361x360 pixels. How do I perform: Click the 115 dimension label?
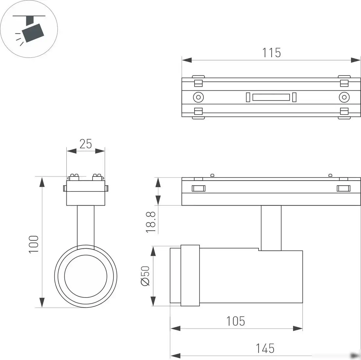[x=271, y=52]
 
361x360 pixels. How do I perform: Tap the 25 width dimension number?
[x=86, y=144]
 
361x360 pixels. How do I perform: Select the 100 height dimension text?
[x=34, y=243]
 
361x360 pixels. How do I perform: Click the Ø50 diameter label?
[x=145, y=276]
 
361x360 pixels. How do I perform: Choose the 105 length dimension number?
[x=235, y=321]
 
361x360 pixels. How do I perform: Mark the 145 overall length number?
[x=265, y=348]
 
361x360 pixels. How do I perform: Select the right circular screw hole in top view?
[x=344, y=97]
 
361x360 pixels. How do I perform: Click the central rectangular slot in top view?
[x=271, y=97]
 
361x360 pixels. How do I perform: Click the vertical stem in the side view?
[x=271, y=228]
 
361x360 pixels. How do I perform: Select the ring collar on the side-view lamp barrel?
[x=190, y=275]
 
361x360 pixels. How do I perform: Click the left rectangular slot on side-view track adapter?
[x=198, y=188]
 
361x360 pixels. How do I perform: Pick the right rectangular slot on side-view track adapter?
[x=343, y=188]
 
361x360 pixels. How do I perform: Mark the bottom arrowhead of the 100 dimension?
[x=42, y=302]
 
